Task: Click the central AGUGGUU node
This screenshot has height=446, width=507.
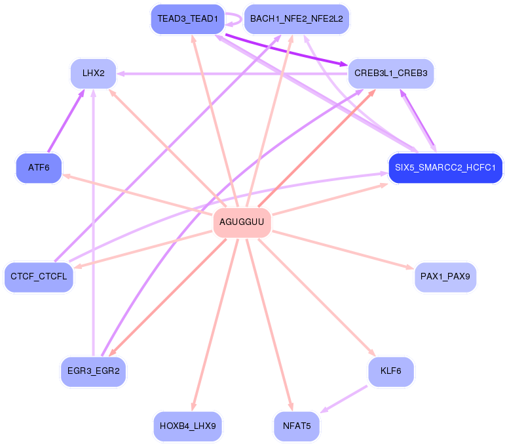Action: click(242, 222)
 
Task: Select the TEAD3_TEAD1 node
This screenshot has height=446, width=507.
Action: click(187, 19)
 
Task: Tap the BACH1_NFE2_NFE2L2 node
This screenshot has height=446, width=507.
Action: click(296, 19)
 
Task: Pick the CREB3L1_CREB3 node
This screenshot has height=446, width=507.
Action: click(390, 73)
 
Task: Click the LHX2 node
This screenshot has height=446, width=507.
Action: click(94, 73)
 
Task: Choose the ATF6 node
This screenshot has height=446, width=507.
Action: click(39, 167)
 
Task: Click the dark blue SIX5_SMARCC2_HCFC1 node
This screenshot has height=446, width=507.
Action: click(445, 167)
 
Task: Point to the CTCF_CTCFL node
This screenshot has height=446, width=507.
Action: click(39, 277)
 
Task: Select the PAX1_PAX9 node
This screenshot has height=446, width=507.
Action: click(445, 277)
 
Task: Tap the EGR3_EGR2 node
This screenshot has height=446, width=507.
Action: click(93, 371)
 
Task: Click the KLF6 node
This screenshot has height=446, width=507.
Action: click(390, 371)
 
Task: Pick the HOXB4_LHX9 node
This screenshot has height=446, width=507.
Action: click(187, 426)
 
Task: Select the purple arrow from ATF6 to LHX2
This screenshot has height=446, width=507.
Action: click(66, 121)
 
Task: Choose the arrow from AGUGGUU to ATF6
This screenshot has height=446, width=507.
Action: click(138, 195)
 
